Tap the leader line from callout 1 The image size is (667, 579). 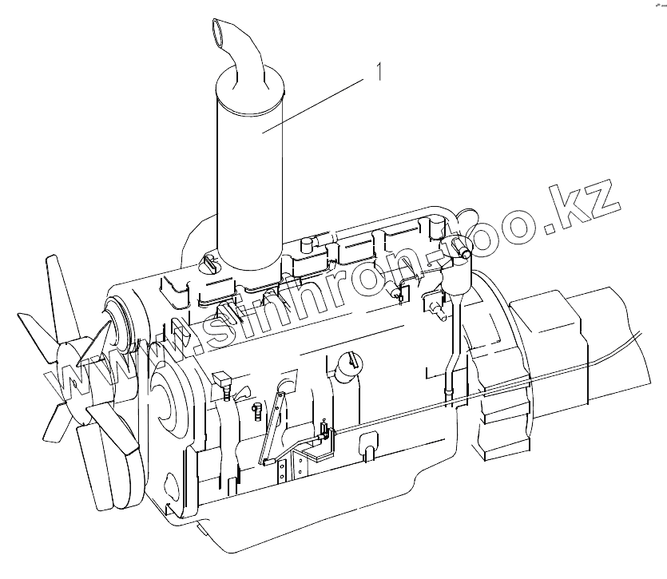(313, 105)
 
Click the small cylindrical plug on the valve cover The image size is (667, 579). (307, 246)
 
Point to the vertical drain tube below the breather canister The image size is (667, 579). (452, 349)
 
